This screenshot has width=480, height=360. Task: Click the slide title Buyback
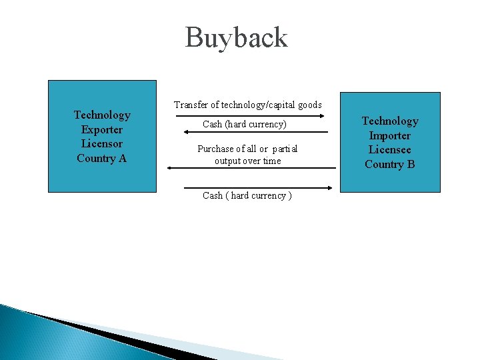[236, 37]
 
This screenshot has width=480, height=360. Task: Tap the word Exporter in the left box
[102, 129]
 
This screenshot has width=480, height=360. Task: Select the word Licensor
[102, 143]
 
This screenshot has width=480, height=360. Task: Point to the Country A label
[101, 158]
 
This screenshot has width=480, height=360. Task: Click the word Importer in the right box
[390, 135]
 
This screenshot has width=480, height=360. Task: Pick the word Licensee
[390, 149]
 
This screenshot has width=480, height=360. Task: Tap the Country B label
[390, 164]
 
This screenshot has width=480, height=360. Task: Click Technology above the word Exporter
[102, 115]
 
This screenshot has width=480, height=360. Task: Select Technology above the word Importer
[390, 121]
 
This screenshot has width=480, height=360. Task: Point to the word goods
[309, 105]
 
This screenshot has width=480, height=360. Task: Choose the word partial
[284, 149]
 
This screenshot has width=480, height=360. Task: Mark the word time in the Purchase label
[272, 161]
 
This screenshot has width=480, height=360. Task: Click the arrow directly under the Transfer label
[249, 115]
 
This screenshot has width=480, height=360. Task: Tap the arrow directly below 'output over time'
[251, 168]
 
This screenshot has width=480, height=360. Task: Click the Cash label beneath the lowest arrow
[247, 195]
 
